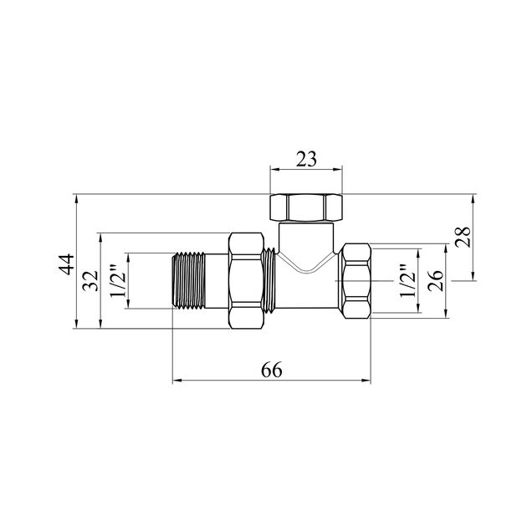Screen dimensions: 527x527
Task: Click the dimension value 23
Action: tap(306, 159)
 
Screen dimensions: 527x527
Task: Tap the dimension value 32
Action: tap(90, 280)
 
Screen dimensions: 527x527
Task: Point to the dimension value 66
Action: tap(272, 370)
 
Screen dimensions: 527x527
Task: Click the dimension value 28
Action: tap(463, 237)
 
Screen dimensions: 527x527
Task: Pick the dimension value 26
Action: tap(436, 280)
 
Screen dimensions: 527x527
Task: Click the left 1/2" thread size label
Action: tap(118, 280)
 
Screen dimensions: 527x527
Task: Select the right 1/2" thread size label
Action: tap(407, 280)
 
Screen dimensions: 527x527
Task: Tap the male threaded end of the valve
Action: tap(189, 280)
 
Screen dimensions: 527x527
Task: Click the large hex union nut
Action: tap(246, 280)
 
